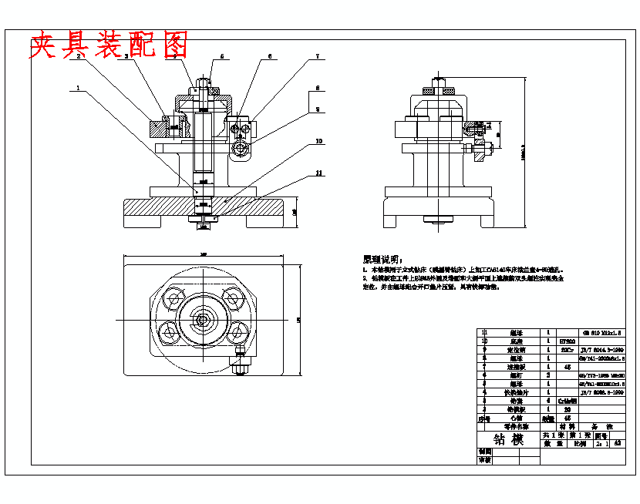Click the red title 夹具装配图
pyautogui.click(x=108, y=45)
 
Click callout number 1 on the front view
pyautogui.click(x=78, y=88)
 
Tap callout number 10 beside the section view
pyautogui.click(x=318, y=142)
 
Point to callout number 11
pyautogui.click(x=318, y=173)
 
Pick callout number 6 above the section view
pyautogui.click(x=270, y=57)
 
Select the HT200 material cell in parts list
pyautogui.click(x=567, y=341)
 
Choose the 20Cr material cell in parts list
pyautogui.click(x=567, y=349)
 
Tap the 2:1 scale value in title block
pyautogui.click(x=601, y=444)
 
